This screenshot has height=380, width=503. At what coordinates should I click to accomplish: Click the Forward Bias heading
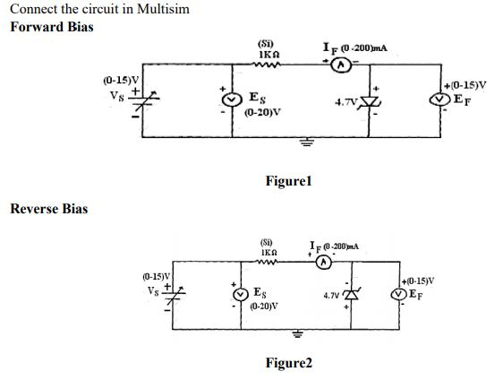51,25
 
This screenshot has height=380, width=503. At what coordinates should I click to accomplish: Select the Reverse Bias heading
49,209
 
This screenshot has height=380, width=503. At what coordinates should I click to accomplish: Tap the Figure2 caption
289,363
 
